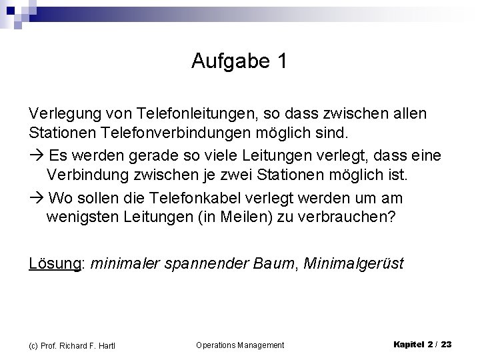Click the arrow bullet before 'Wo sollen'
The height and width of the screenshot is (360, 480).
coord(36,199)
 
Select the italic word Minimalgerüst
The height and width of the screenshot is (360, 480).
coord(353,264)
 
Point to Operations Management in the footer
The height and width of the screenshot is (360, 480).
coord(240,345)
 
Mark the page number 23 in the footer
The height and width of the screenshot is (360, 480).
coord(446,344)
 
